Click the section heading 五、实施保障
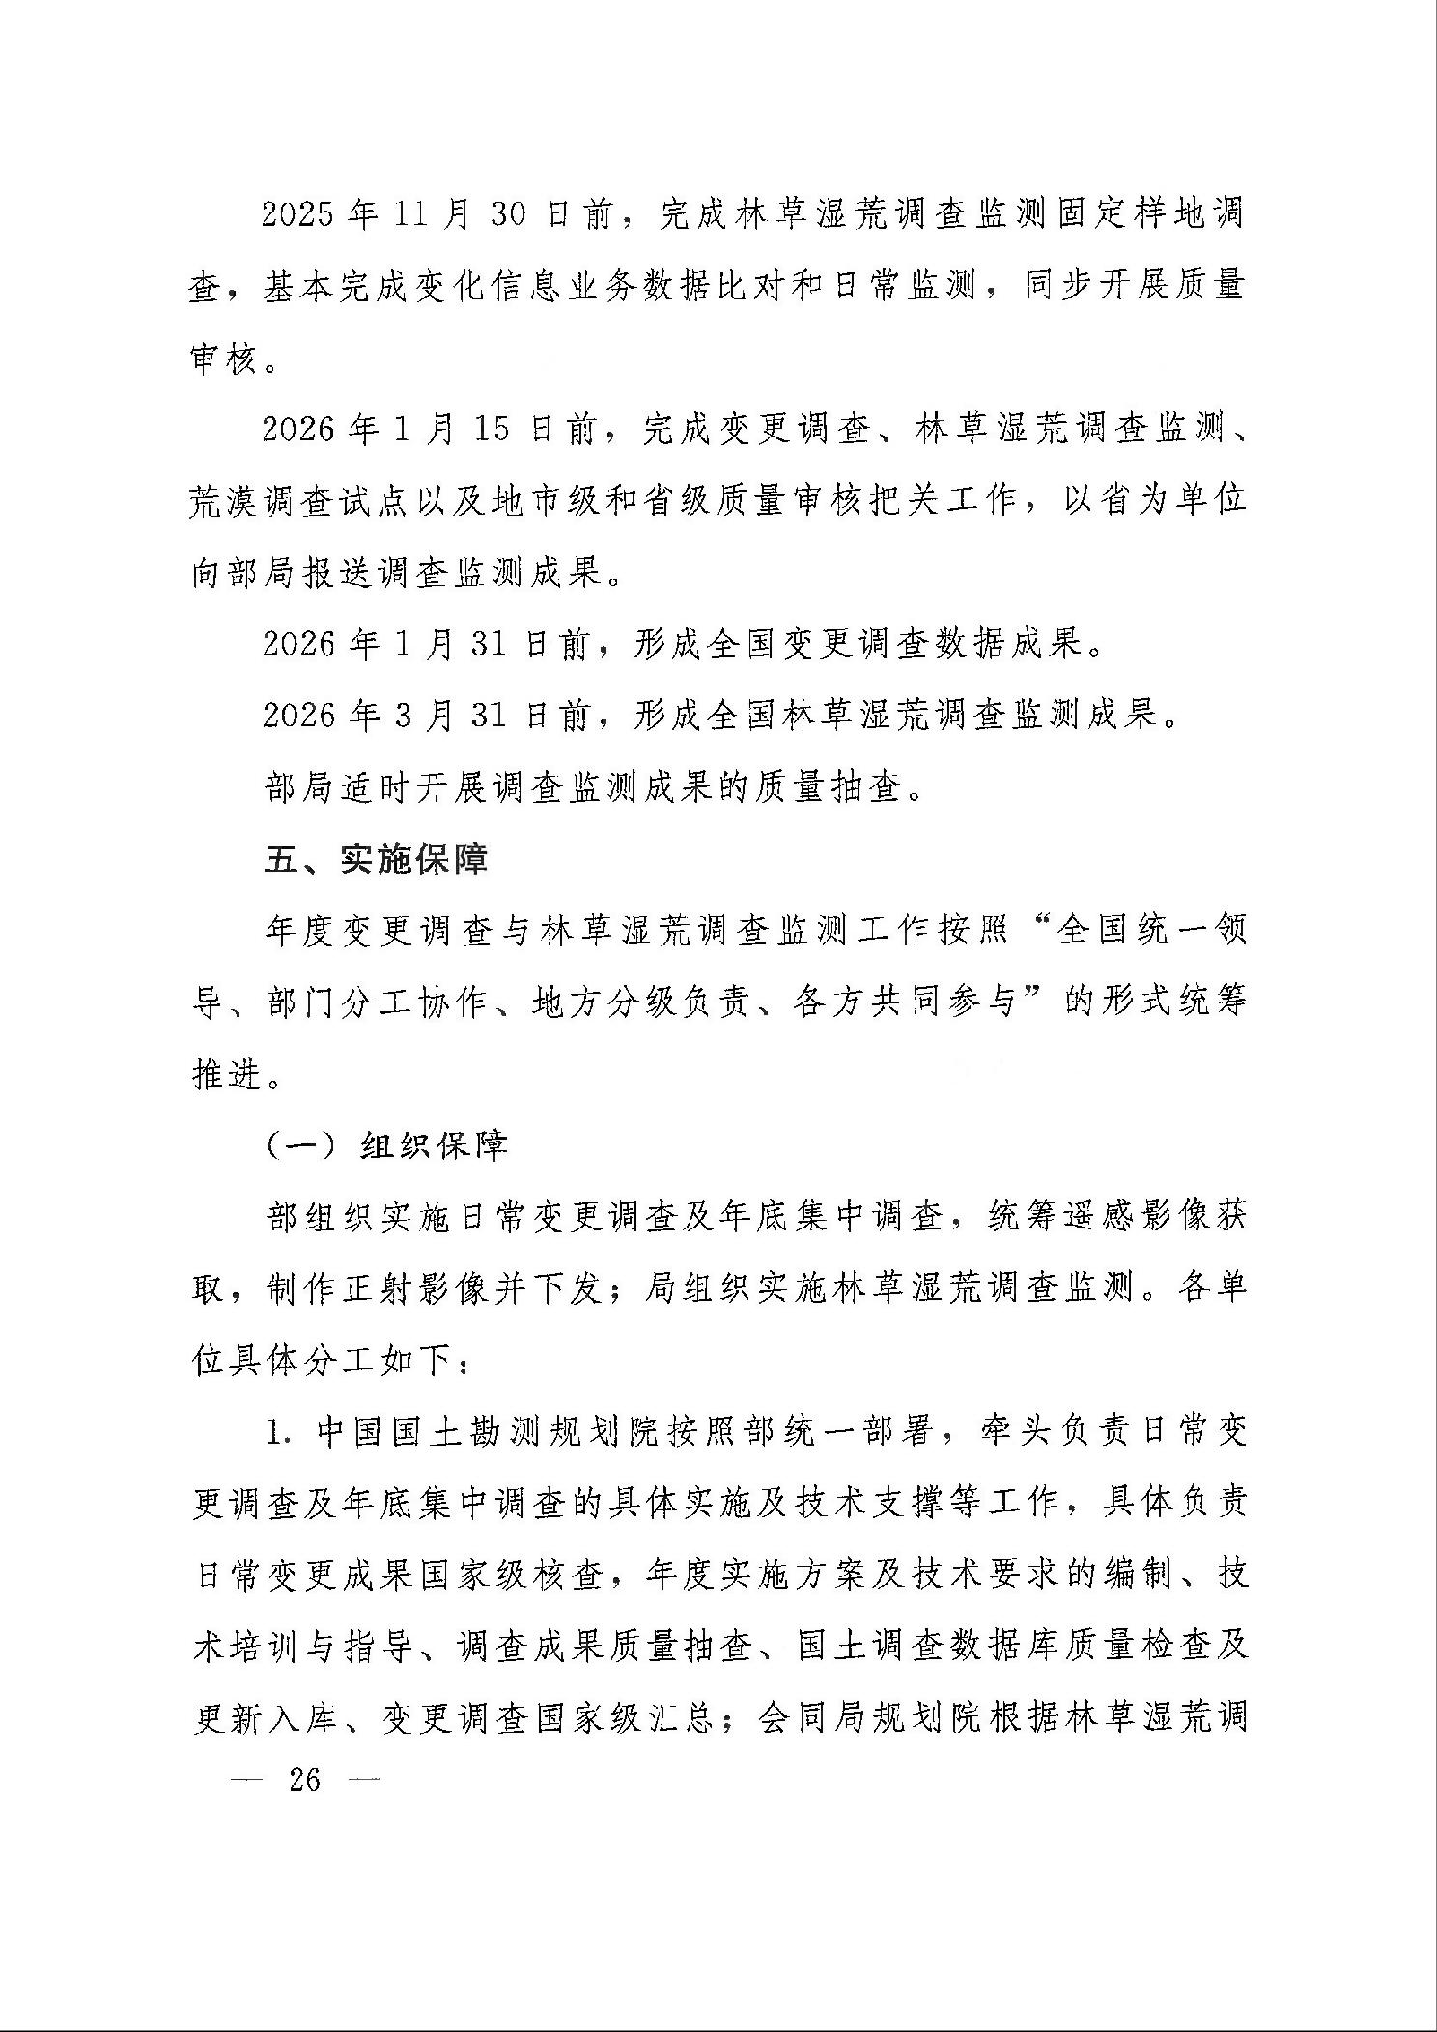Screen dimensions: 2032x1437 pyautogui.click(x=376, y=859)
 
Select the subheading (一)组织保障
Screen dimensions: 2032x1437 pyautogui.click(x=385, y=1145)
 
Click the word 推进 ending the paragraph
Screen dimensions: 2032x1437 pyautogui.click(x=227, y=1074)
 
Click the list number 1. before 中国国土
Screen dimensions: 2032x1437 pyautogui.click(x=279, y=1432)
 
